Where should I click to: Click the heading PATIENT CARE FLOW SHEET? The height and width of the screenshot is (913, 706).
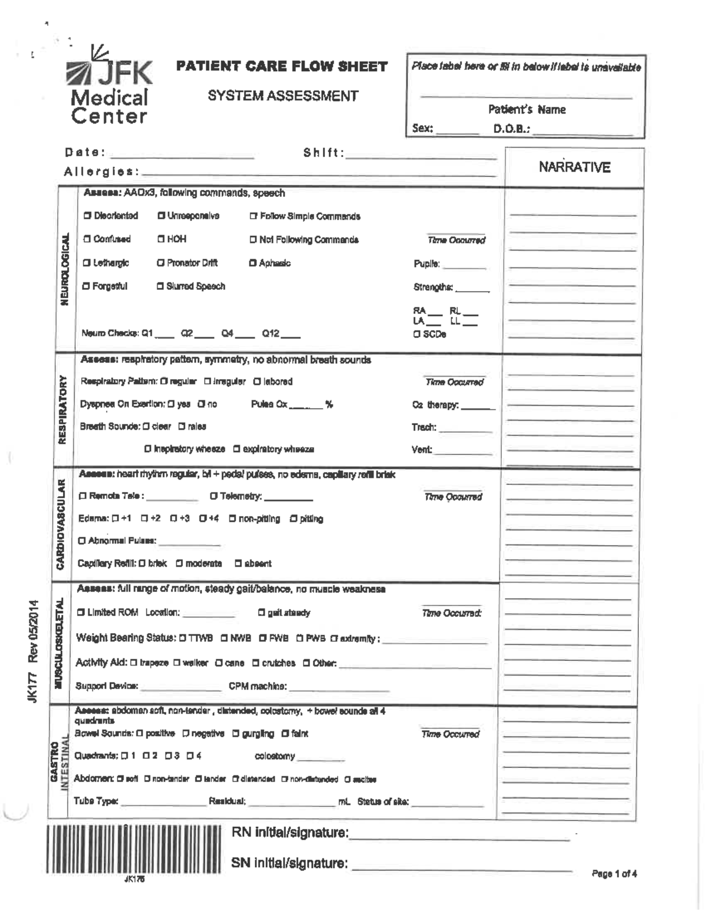pos(282,66)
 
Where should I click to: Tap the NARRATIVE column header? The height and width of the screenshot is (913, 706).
pos(574,168)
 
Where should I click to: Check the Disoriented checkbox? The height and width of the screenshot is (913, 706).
pos(87,216)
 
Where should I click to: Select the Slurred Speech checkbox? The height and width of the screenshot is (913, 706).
pos(160,286)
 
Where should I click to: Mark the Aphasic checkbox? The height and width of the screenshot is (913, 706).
pos(253,263)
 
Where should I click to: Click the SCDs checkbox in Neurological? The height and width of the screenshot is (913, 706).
pos(417,334)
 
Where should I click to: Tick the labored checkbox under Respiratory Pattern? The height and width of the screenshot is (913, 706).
pos(257,382)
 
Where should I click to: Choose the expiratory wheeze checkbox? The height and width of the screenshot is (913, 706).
pos(237,449)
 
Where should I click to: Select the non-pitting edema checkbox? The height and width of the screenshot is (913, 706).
pos(232,519)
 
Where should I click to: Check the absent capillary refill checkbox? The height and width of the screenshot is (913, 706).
pos(238,563)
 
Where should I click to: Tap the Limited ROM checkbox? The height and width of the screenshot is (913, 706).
pos(81,613)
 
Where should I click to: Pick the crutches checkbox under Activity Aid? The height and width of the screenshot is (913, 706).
pos(256,663)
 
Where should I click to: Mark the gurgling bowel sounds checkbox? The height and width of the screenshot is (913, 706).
pos(235,734)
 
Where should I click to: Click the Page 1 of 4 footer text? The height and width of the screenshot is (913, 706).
pos(614,874)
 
